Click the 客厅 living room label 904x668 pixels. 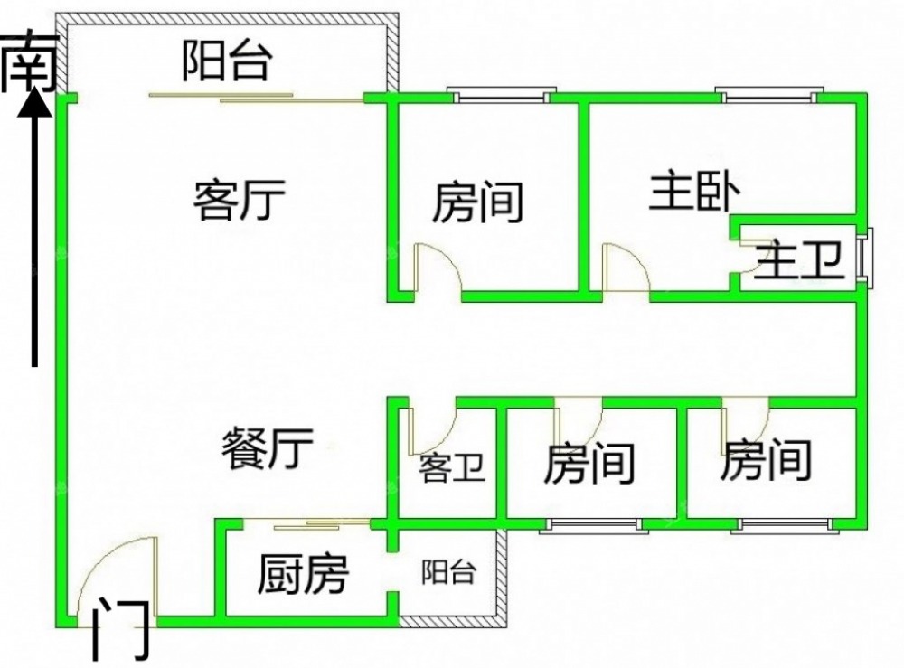pyautogui.click(x=240, y=200)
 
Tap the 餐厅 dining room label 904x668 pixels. pyautogui.click(x=267, y=447)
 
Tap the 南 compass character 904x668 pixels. pyautogui.click(x=30, y=63)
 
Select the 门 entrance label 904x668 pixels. pyautogui.click(x=122, y=629)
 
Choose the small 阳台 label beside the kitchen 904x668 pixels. pyautogui.click(x=448, y=572)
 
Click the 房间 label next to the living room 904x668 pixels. pyautogui.click(x=478, y=202)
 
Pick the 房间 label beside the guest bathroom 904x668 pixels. pyautogui.click(x=589, y=462)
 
